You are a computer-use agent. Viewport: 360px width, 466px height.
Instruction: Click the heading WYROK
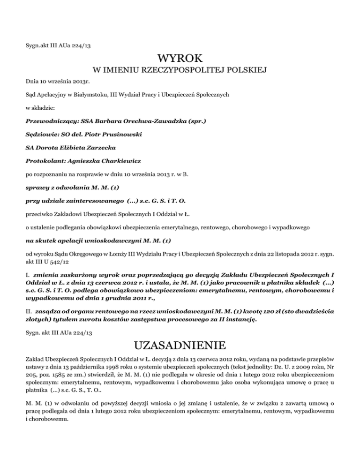click(x=180, y=59)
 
